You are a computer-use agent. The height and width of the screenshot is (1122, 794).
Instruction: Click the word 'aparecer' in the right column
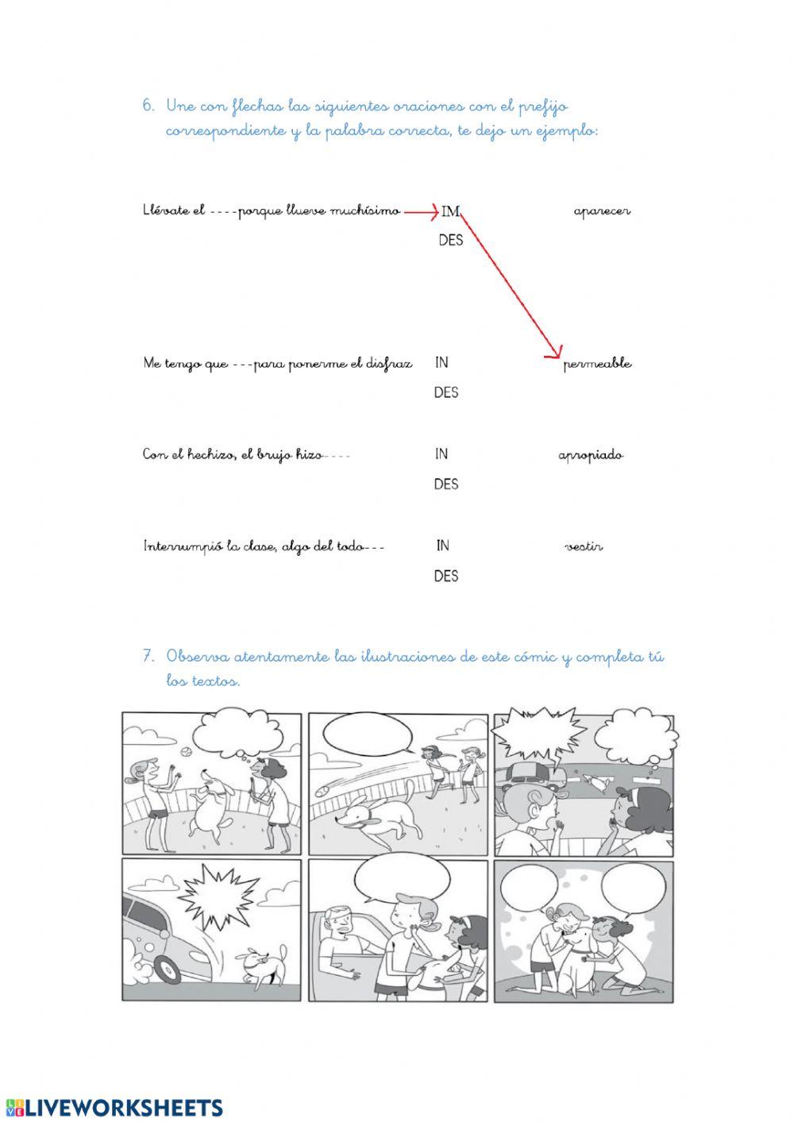point(602,212)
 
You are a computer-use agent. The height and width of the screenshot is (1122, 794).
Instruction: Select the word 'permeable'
point(598,364)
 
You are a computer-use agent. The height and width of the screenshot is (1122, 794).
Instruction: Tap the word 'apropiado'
point(591,456)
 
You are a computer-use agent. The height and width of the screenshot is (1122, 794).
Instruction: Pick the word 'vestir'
point(584,547)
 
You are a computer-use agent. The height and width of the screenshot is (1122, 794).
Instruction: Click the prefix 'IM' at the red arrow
point(451,212)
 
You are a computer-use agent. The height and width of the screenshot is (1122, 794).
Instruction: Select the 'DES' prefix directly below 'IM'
point(450,240)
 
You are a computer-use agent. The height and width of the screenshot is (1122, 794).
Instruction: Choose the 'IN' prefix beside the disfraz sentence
point(441,363)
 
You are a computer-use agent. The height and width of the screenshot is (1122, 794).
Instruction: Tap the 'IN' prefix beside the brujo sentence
point(441,454)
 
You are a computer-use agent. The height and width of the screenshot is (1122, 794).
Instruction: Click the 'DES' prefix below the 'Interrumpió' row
point(446,576)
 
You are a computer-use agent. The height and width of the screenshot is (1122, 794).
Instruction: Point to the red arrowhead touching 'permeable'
point(556,355)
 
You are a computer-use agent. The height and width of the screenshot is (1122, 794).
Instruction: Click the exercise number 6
point(148,106)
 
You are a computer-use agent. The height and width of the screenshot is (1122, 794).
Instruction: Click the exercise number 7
point(148,657)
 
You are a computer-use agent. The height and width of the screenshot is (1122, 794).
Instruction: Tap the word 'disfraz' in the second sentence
point(391,364)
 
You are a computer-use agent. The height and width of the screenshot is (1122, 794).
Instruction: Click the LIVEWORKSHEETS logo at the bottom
point(115,1107)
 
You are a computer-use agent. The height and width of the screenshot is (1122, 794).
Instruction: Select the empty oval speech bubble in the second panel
point(364,735)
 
